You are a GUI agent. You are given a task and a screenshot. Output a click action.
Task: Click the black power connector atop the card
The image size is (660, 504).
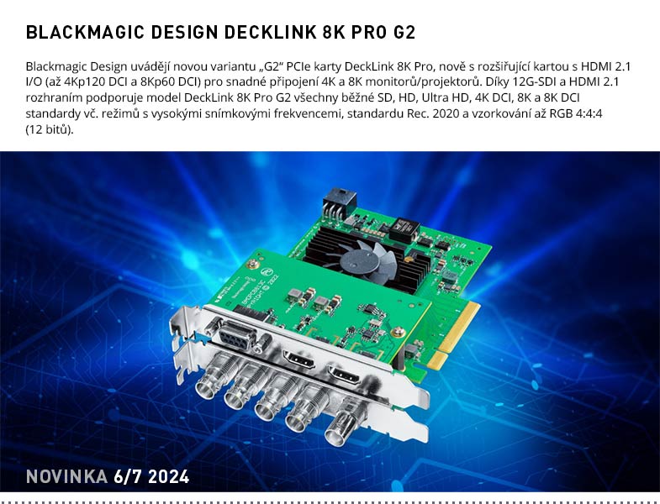click(x=340, y=202)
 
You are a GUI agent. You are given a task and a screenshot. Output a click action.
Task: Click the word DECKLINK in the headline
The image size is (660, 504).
click(x=268, y=34)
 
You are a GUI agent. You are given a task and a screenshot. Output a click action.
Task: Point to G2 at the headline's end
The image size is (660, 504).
click(x=403, y=34)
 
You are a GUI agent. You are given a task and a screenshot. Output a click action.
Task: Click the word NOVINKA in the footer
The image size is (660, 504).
click(x=66, y=477)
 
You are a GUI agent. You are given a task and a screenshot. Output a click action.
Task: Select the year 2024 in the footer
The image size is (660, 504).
click(x=167, y=477)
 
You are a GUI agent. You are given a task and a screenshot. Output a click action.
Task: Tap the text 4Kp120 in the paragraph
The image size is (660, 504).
click(x=88, y=81)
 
